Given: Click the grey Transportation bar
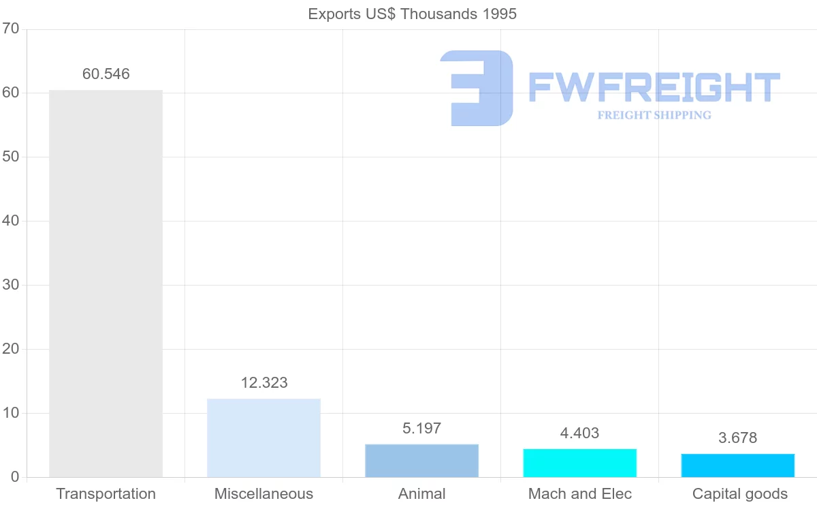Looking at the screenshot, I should click(x=106, y=284).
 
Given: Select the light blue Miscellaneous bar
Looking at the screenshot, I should click(x=263, y=438).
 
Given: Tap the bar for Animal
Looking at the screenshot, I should click(x=421, y=461).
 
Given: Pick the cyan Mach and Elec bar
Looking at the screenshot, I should click(x=579, y=463).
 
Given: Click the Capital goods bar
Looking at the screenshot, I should click(x=737, y=465).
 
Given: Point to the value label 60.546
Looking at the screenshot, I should click(x=106, y=74).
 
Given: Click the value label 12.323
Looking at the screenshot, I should click(x=264, y=383).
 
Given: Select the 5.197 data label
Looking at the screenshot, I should click(x=421, y=429).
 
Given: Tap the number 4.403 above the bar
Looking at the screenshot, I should click(x=579, y=433).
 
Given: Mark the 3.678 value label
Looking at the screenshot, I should click(x=737, y=438).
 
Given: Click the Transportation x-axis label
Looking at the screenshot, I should click(x=106, y=494).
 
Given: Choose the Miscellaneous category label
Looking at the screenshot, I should click(x=263, y=494).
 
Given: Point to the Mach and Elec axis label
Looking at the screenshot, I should click(x=579, y=494).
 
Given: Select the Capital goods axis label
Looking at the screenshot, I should click(x=739, y=494).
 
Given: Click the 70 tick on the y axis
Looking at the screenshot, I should click(x=10, y=29).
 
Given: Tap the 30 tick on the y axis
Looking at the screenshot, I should click(x=10, y=285).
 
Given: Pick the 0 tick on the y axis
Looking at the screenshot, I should click(x=14, y=477).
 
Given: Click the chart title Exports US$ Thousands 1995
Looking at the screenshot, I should click(x=412, y=14).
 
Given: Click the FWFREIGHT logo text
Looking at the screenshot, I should click(x=654, y=87).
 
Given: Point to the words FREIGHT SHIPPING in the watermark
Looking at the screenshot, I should click(x=654, y=115).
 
